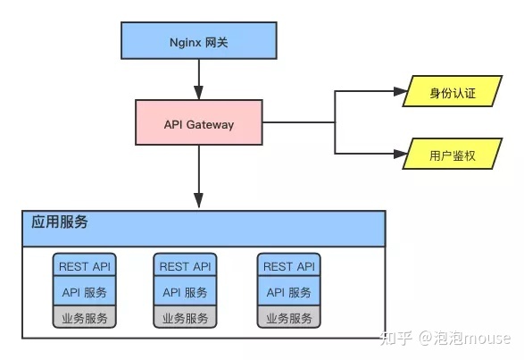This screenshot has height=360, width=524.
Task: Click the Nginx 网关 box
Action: [x=199, y=40]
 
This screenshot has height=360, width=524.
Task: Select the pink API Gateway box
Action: [x=199, y=122]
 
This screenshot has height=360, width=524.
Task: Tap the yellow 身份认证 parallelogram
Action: [x=453, y=91]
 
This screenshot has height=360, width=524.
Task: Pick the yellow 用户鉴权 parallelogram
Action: [x=453, y=154]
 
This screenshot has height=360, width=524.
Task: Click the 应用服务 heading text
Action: [x=60, y=222]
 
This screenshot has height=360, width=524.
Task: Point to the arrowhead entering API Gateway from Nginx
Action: [x=199, y=93]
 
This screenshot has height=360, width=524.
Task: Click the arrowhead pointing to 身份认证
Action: [x=401, y=91]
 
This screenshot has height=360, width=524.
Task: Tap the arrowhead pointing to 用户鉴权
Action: [x=401, y=154]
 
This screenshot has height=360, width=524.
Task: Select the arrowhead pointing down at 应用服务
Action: [x=199, y=200]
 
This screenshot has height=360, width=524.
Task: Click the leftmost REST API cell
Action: [x=85, y=264]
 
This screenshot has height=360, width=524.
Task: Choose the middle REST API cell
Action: [x=185, y=264]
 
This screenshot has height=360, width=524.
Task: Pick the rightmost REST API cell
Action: [x=289, y=264]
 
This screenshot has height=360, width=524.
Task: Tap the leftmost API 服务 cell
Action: [x=85, y=291]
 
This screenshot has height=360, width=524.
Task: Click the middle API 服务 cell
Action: [x=185, y=291]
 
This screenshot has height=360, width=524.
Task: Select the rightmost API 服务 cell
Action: [x=289, y=291]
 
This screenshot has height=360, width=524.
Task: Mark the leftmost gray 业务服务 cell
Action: [x=85, y=317]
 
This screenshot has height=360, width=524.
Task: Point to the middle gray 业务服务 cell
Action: [x=185, y=317]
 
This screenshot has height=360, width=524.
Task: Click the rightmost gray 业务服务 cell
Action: [x=289, y=317]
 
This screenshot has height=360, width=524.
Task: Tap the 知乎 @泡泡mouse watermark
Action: [x=445, y=338]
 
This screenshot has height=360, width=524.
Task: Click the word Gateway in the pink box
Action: [x=210, y=125]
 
